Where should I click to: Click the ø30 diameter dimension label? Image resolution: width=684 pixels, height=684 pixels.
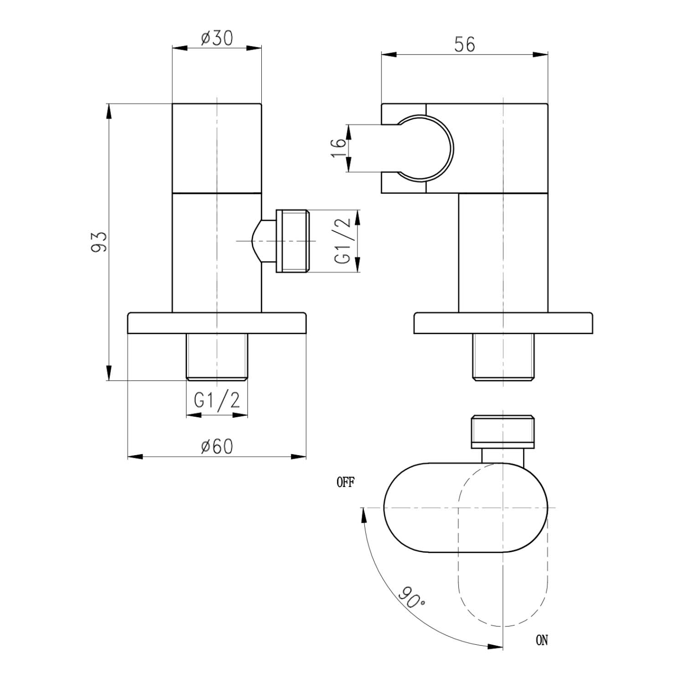(x=217, y=39)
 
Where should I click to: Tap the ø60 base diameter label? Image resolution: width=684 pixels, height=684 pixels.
(x=217, y=447)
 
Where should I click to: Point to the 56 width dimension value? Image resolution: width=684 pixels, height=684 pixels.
(x=465, y=45)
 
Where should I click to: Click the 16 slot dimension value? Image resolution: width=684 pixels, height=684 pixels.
(x=338, y=148)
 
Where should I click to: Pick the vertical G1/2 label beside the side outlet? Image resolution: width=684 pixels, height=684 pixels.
(x=343, y=241)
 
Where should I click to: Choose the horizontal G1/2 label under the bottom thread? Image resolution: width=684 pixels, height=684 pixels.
(x=217, y=400)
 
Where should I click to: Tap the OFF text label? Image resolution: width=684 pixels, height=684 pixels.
(x=345, y=482)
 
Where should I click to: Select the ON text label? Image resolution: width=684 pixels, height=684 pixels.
(x=542, y=640)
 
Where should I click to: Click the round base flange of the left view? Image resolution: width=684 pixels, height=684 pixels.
(x=217, y=323)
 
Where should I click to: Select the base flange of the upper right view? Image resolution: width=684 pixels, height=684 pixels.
(x=503, y=323)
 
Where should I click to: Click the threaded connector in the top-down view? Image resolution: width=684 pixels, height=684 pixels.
(x=503, y=430)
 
